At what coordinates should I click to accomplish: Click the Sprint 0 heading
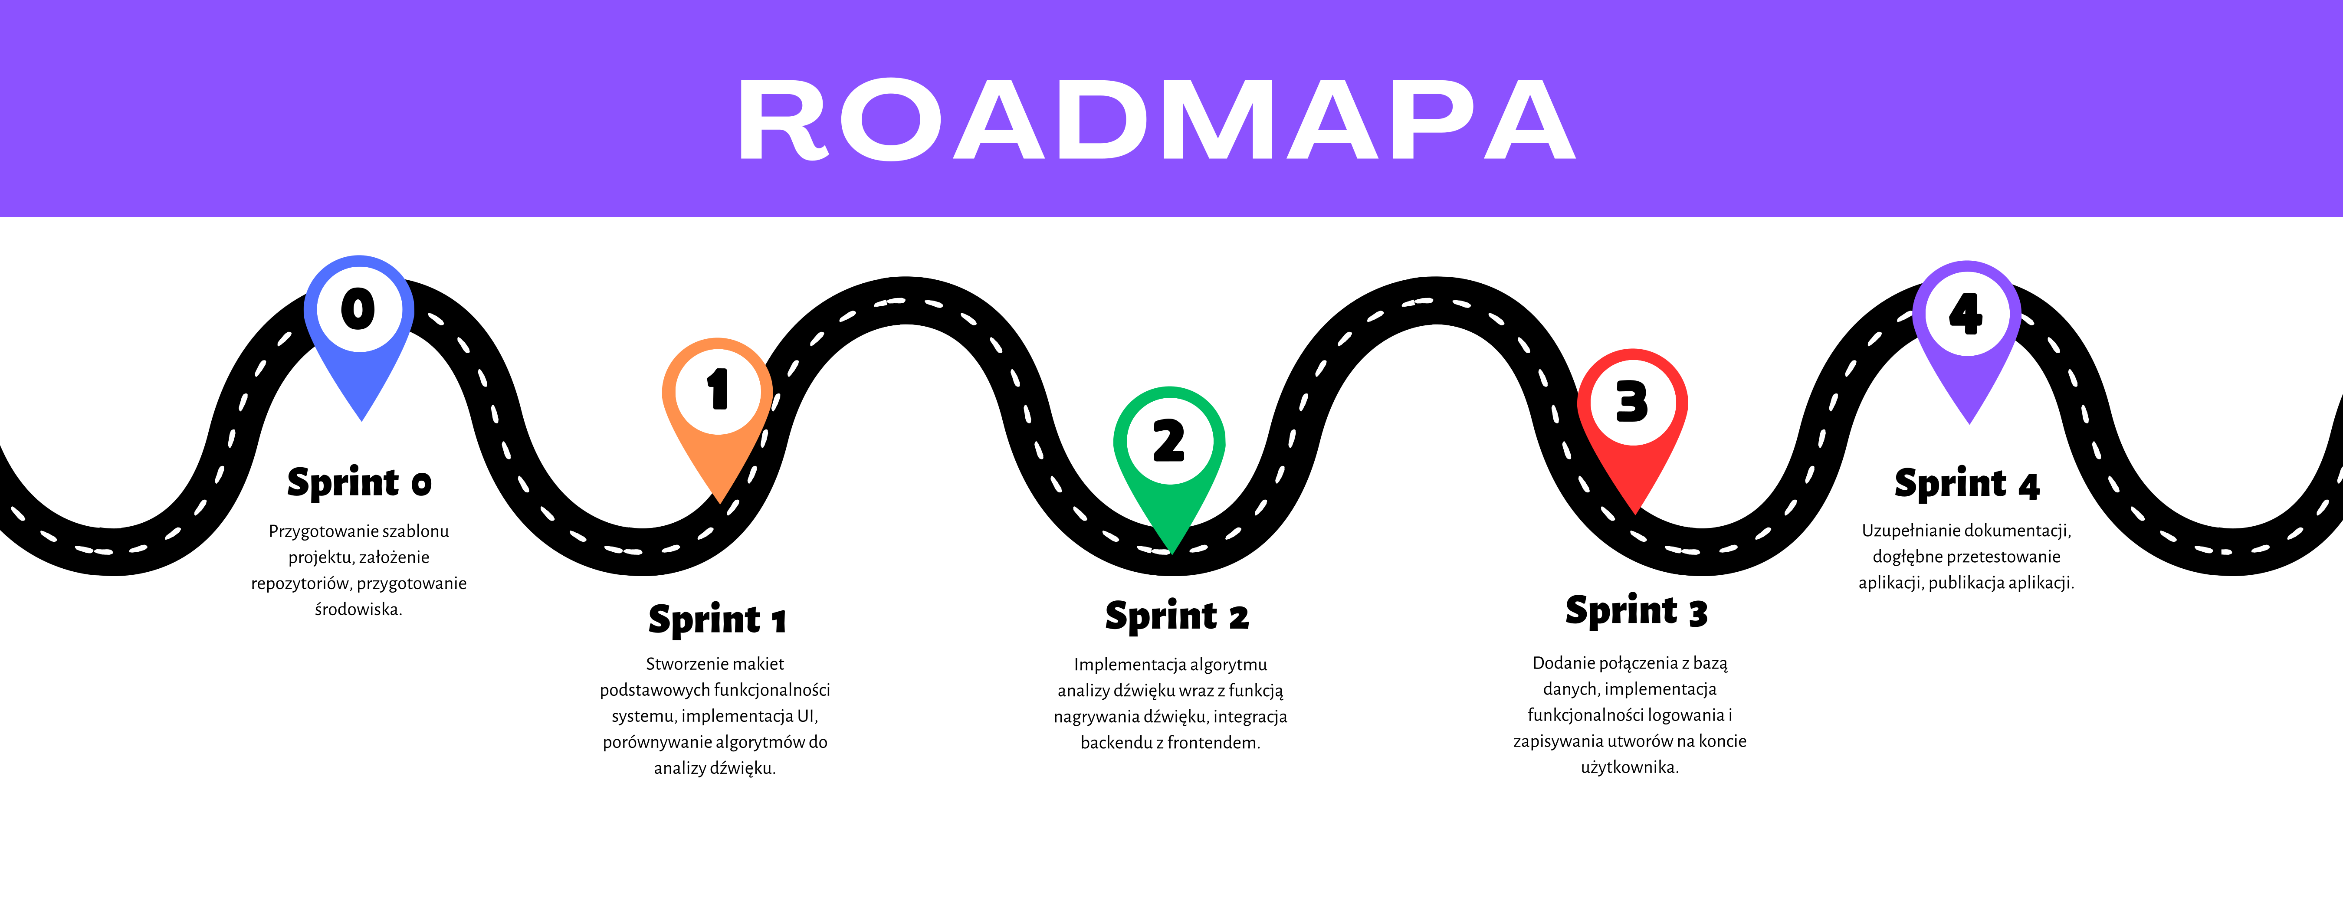click(359, 483)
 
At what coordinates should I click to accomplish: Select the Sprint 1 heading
click(717, 620)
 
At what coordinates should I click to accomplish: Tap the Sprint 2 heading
click(1177, 616)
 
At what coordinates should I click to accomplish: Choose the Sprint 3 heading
click(1636, 611)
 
